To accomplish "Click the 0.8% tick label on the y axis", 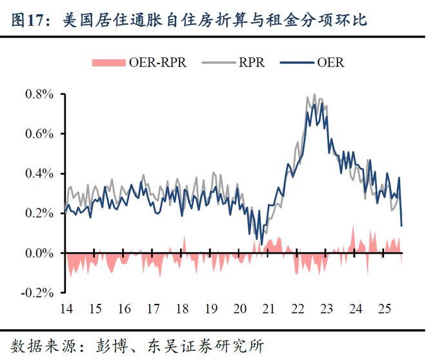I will point(41,94).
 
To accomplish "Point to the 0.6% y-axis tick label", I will point(41,134).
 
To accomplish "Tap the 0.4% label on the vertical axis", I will point(41,174).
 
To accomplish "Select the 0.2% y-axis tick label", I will point(41,214).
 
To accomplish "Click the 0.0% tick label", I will point(41,254).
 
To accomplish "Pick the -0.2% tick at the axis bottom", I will point(39,293).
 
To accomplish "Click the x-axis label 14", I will point(65,308).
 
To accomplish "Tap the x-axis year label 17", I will point(154,308).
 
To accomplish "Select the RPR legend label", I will point(251,63).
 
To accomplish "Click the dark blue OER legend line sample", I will point(295,63).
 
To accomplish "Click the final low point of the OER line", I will point(402,225).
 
